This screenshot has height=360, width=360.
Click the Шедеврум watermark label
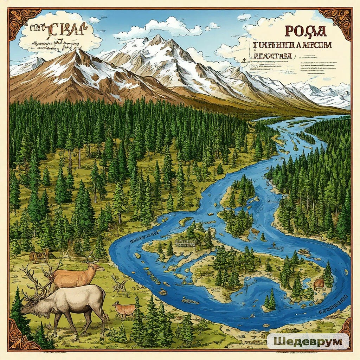pyautogui.click(x=308, y=341)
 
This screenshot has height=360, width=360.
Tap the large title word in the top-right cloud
pyautogui.click(x=305, y=31)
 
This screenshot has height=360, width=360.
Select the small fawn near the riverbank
pyautogui.click(x=124, y=309)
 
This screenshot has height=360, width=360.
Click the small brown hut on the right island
pyautogui.click(x=319, y=283)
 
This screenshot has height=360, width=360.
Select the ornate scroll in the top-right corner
pyautogui.click(x=336, y=22)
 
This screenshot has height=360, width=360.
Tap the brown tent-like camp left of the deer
pyautogui.click(x=39, y=256)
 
